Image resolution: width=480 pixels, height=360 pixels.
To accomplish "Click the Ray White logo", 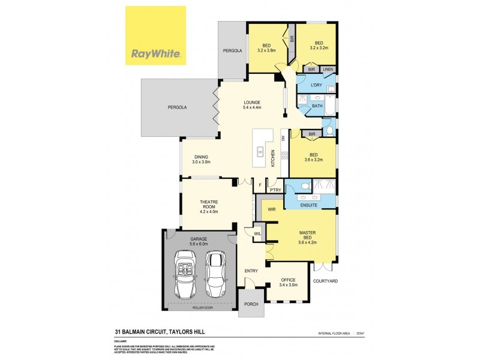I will point(155,36).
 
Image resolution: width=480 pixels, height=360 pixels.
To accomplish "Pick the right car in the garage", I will point(215,274).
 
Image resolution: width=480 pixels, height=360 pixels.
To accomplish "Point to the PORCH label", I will point(251,304).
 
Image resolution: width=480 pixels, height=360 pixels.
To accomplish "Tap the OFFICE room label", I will point(289,279).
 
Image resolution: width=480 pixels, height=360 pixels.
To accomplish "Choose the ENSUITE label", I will point(309,205).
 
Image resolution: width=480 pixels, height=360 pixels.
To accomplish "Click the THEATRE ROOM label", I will point(209,205).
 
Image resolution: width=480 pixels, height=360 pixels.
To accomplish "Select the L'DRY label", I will point(316,85).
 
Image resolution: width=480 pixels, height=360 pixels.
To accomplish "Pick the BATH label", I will point(317,106).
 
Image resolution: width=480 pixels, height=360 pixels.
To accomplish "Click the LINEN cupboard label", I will point(328,70).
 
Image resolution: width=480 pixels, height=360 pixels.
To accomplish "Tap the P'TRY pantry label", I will point(275,190).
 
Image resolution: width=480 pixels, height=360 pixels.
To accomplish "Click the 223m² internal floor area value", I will point(361,333).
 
